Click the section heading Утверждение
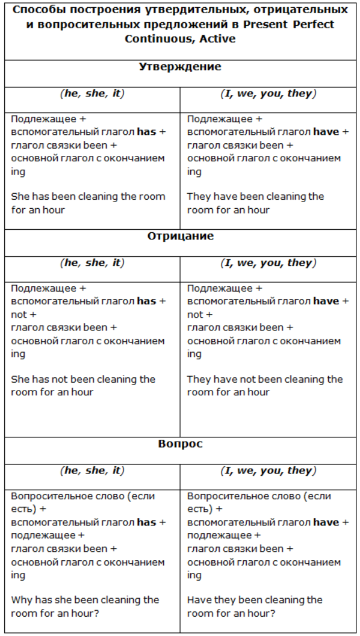(x=180, y=67)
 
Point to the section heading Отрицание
(x=180, y=236)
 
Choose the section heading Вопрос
(x=180, y=443)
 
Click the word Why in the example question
(x=21, y=600)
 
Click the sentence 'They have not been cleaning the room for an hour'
(x=264, y=386)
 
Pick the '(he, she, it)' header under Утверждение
(x=92, y=94)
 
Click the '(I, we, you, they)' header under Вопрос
(x=268, y=471)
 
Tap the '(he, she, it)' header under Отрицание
(x=92, y=263)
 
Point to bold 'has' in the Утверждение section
(x=146, y=132)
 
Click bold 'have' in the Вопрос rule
(x=326, y=522)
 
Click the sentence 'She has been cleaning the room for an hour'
(x=88, y=203)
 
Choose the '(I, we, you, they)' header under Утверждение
(x=268, y=94)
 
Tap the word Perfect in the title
(x=313, y=25)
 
